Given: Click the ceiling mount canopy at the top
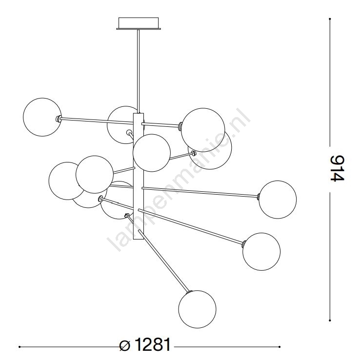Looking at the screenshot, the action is coord(139,23).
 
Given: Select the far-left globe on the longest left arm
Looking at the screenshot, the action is coord(42,117).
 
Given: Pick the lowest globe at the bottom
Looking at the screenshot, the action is coord(197,309).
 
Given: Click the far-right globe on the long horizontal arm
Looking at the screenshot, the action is coord(278,200).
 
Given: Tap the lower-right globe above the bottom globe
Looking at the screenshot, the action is coord(261,251).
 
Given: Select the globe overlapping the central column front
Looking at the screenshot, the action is coord(152,153).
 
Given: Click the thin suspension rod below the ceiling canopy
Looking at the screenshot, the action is coord(139,71).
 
